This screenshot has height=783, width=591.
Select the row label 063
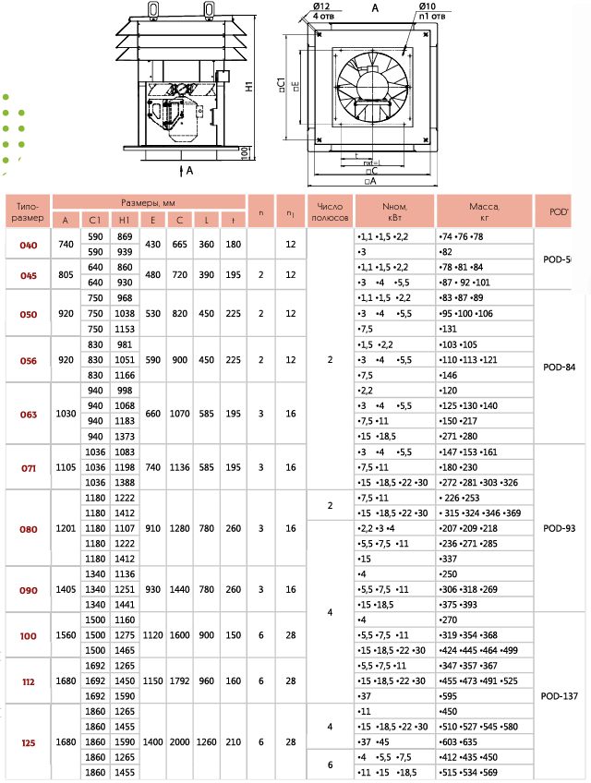point(29,415)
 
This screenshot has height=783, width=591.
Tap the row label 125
point(29,741)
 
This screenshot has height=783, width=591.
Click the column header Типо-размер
point(28,212)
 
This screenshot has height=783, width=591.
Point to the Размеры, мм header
point(149,202)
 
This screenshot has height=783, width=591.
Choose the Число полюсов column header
point(331,212)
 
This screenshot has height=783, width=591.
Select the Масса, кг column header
point(484,212)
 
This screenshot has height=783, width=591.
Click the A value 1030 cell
point(66,415)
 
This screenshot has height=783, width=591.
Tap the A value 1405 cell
point(66,588)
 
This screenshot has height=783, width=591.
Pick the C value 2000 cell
point(180,741)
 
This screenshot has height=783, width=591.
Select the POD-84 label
point(560,367)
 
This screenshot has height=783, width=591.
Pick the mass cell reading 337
point(450,559)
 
